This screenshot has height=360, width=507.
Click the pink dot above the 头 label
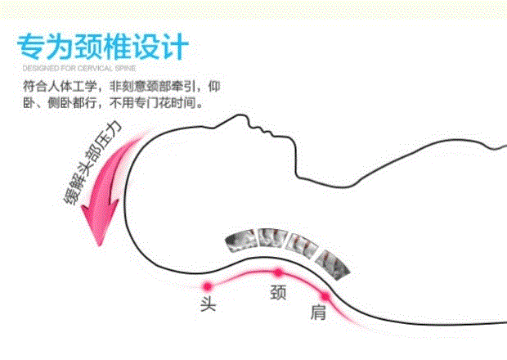coord(208,286)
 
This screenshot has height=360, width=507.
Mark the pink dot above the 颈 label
coord(278,272)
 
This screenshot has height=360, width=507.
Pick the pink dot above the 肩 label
coord(325,295)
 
